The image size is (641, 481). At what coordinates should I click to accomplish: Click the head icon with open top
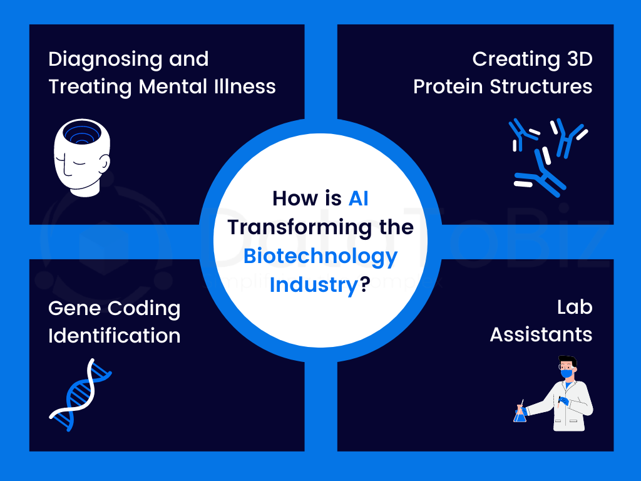(x=82, y=158)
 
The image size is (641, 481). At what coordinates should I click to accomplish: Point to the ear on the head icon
(x=105, y=163)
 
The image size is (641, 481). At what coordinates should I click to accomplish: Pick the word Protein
(x=448, y=86)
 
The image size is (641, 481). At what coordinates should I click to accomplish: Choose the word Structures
(x=541, y=86)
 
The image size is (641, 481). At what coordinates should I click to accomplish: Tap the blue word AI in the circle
(x=358, y=199)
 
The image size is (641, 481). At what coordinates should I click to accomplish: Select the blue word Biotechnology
(x=320, y=257)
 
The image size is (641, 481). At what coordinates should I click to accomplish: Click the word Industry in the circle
(x=314, y=285)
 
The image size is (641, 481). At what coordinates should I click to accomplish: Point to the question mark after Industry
(x=365, y=284)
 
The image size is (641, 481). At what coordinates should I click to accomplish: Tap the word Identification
(x=115, y=336)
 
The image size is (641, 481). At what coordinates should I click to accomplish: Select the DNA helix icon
(x=81, y=395)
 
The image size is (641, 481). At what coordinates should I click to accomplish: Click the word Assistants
(x=541, y=334)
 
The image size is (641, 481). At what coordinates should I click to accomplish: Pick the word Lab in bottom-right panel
(x=575, y=307)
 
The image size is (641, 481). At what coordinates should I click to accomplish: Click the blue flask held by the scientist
(x=520, y=415)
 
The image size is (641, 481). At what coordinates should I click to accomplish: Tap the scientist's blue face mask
(x=567, y=373)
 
